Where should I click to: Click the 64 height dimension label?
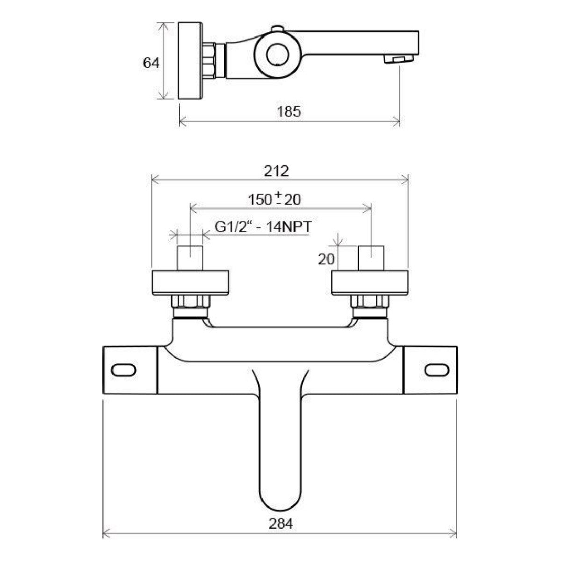click(151, 63)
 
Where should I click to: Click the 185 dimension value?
click(288, 112)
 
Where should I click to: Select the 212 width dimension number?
click(276, 171)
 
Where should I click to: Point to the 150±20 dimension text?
click(274, 199)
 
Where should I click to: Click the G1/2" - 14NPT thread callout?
click(263, 227)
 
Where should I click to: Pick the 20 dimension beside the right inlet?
click(326, 259)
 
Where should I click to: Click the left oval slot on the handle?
click(123, 370)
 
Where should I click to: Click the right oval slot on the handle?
click(436, 370)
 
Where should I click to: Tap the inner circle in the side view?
click(278, 55)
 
